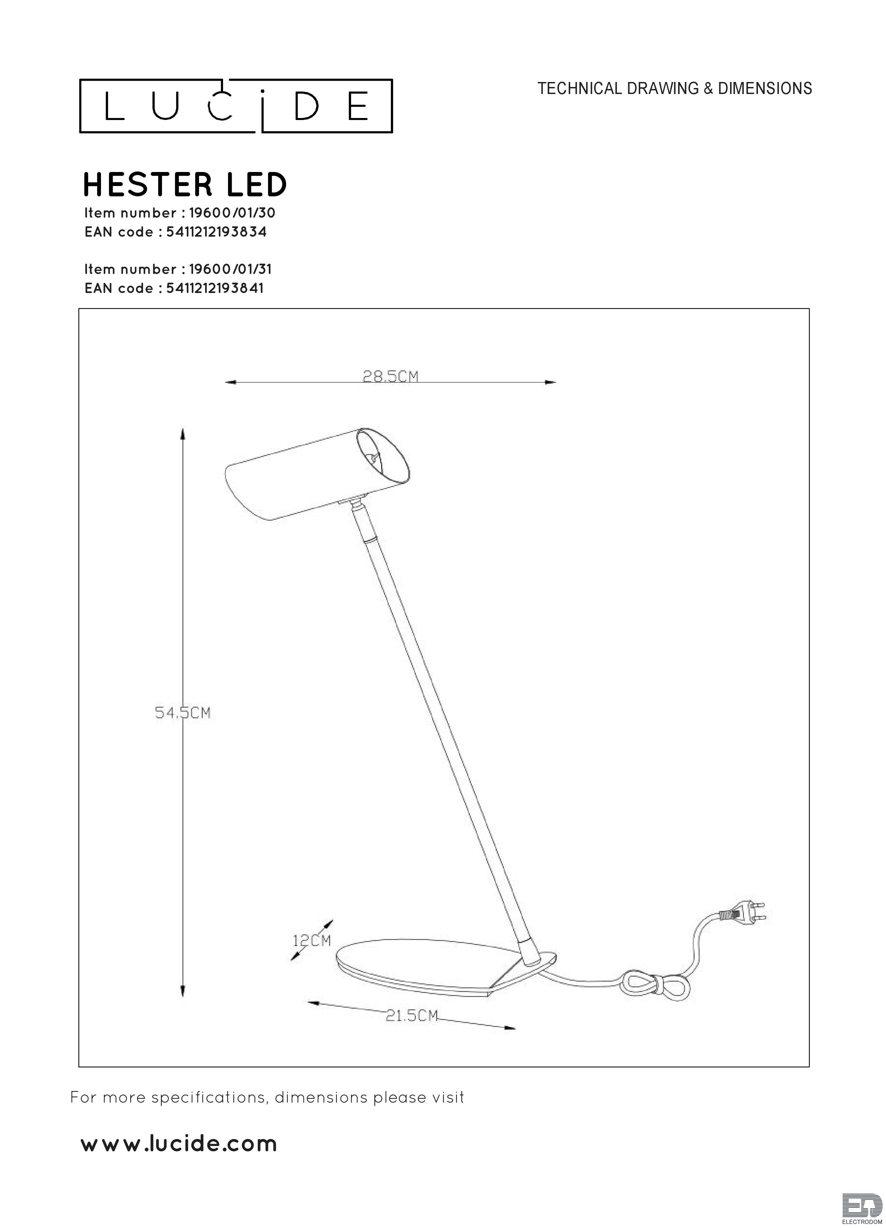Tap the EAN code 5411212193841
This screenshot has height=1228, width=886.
(x=215, y=288)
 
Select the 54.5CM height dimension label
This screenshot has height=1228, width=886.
(x=182, y=713)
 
